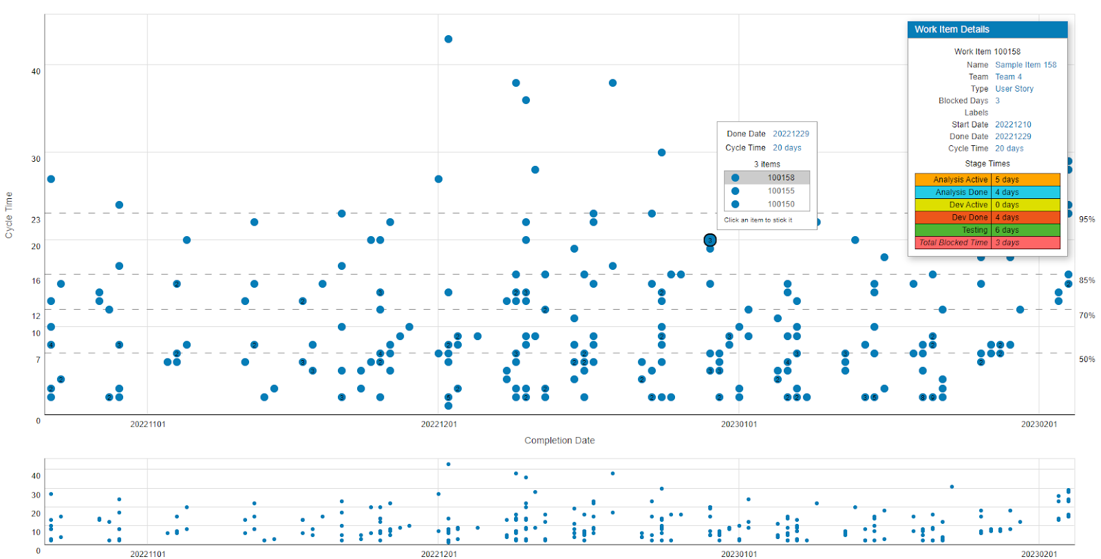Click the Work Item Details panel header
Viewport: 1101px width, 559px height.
point(987,30)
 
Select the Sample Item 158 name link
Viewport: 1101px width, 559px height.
point(1025,65)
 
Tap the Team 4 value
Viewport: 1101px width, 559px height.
point(1008,77)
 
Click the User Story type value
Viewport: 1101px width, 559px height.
point(1014,89)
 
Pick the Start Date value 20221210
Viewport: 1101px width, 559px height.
point(1013,125)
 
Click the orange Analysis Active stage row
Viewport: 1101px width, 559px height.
point(987,180)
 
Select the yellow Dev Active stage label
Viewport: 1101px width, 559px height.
point(968,205)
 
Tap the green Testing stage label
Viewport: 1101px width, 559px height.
point(974,230)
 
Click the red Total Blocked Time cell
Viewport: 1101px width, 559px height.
point(953,242)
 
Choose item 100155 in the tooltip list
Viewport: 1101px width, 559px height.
point(780,191)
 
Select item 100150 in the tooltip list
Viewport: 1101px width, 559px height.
point(780,204)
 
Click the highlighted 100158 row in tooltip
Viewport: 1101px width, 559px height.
point(767,178)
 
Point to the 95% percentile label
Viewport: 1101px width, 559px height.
point(1087,220)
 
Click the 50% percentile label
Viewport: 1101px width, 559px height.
point(1087,359)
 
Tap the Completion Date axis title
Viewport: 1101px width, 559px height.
point(559,441)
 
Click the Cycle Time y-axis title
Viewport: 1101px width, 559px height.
point(9,215)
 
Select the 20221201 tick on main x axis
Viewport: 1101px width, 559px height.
point(438,424)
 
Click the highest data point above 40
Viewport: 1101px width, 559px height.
point(448,39)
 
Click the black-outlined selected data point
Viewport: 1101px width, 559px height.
point(710,240)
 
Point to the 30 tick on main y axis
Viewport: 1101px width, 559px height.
point(36,159)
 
